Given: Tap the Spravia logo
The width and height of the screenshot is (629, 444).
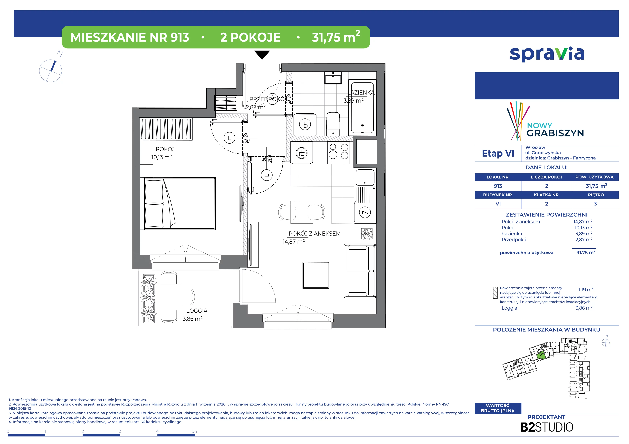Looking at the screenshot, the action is tap(547, 54).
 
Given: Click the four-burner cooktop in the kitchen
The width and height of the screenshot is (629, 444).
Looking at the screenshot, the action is tap(339, 152).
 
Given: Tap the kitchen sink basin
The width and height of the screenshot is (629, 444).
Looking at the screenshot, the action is tap(365, 177).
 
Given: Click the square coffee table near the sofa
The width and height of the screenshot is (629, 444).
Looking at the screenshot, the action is tap(316, 275).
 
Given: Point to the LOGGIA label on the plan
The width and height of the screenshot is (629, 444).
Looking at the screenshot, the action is tap(197, 311).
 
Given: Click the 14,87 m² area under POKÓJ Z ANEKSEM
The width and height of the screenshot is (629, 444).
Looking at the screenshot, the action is tap(294, 242).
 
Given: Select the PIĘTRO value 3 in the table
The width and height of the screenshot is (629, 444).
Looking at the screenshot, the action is tap(595, 204).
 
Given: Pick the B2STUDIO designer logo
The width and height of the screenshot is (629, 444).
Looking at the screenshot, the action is tap(547, 427).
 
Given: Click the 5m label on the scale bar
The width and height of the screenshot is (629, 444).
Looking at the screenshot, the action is tap(195, 431).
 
